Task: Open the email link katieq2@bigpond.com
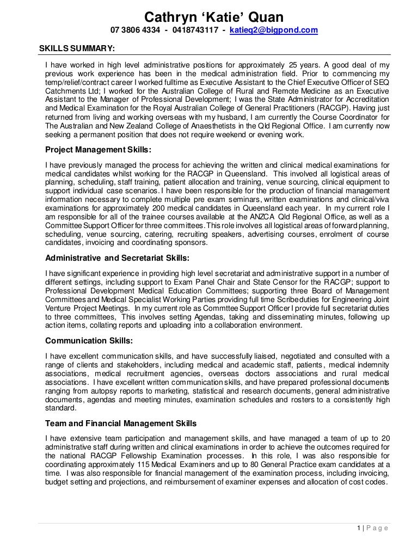tap(274, 30)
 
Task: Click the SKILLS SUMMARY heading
tap(77, 48)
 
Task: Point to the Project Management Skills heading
tap(98, 150)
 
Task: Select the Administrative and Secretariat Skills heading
tap(117, 257)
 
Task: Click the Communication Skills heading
tap(89, 342)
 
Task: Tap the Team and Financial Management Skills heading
tap(121, 423)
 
